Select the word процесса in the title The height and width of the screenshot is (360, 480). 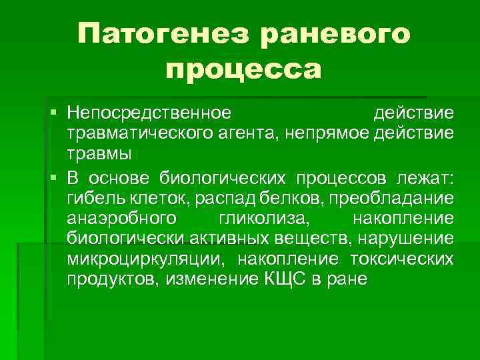(243, 67)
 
